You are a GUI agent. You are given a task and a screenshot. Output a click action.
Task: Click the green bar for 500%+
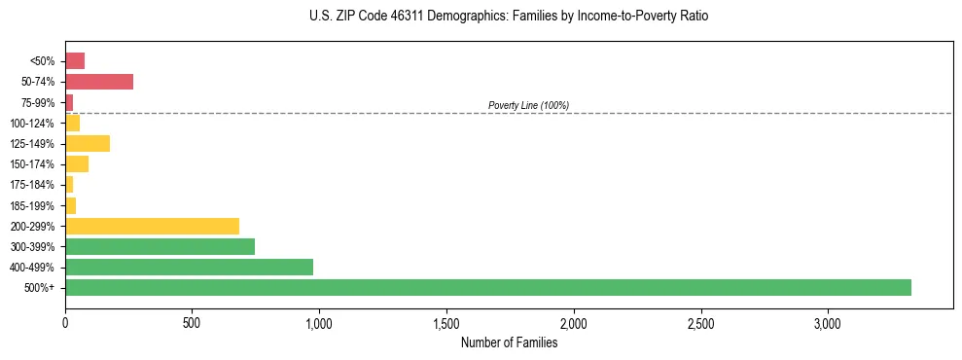click(487, 287)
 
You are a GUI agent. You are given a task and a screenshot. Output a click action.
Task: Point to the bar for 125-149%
click(88, 143)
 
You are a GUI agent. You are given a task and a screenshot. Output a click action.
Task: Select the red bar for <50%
click(75, 61)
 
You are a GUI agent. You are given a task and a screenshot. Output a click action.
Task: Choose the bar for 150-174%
click(77, 163)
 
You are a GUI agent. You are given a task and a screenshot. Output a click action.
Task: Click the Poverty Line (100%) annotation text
click(528, 105)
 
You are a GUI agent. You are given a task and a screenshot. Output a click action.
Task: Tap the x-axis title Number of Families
click(509, 342)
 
